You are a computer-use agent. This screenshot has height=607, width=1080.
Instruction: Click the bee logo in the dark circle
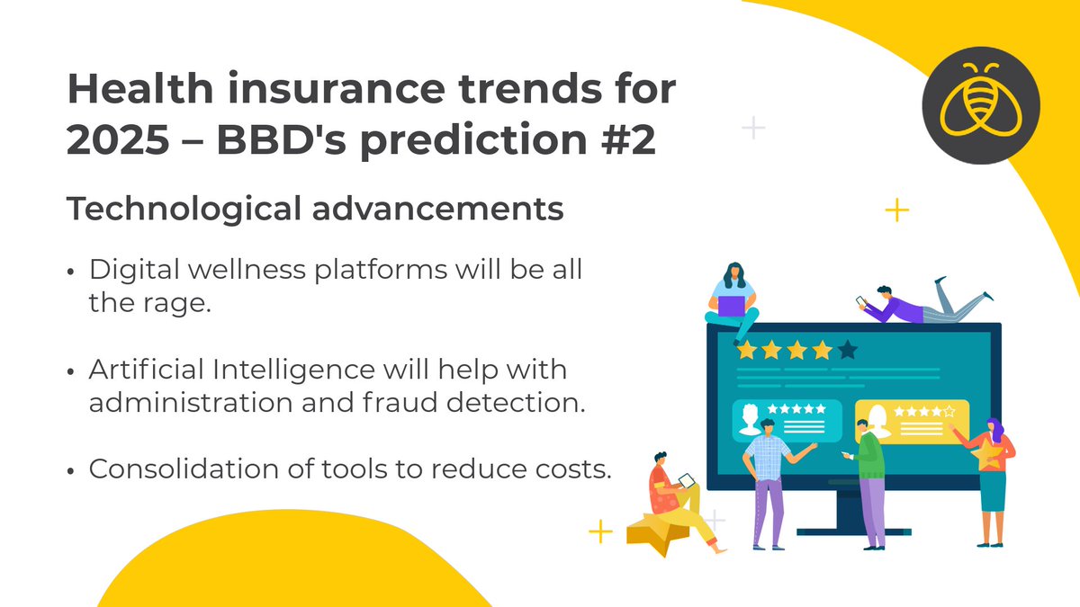click(x=980, y=104)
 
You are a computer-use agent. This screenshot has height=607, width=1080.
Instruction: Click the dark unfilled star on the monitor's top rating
click(x=847, y=350)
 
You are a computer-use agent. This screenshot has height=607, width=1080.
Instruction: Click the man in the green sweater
click(x=869, y=481)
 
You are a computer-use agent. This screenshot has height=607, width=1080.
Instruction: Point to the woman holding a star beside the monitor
click(x=991, y=477)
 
